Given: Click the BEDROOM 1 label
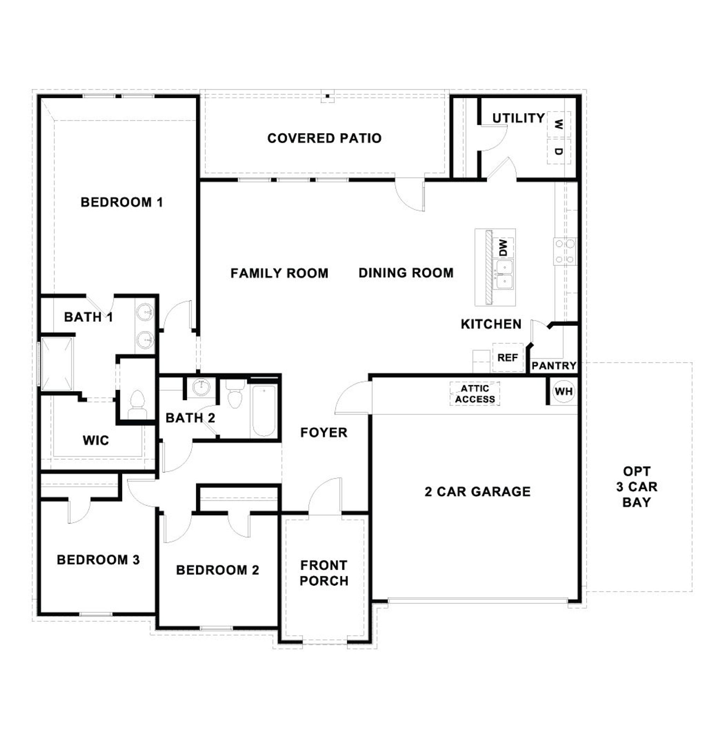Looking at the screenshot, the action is tap(122, 202).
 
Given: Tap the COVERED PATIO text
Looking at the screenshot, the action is tap(325, 138).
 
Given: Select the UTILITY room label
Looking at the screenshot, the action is tap(518, 118).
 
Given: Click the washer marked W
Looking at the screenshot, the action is tap(559, 124).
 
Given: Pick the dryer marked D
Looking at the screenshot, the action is tap(559, 151).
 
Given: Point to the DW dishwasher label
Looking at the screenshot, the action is tap(503, 248).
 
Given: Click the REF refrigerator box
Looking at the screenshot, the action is tap(508, 358).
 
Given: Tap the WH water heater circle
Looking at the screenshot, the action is tap(564, 391).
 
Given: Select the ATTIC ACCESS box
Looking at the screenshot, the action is tap(475, 394).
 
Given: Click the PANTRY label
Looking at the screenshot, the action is tap(554, 366).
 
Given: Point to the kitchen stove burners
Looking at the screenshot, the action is tap(565, 251).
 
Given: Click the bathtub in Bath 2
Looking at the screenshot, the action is tap(264, 411).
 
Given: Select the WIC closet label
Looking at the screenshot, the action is tap(96, 440).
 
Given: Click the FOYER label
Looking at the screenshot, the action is tap(323, 432).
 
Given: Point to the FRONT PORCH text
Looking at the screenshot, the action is tap(324, 573).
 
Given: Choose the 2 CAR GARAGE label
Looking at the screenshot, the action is tap(478, 492).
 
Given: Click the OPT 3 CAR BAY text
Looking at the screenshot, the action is tap(637, 487).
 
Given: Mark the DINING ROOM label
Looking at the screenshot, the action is tap(406, 273).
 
